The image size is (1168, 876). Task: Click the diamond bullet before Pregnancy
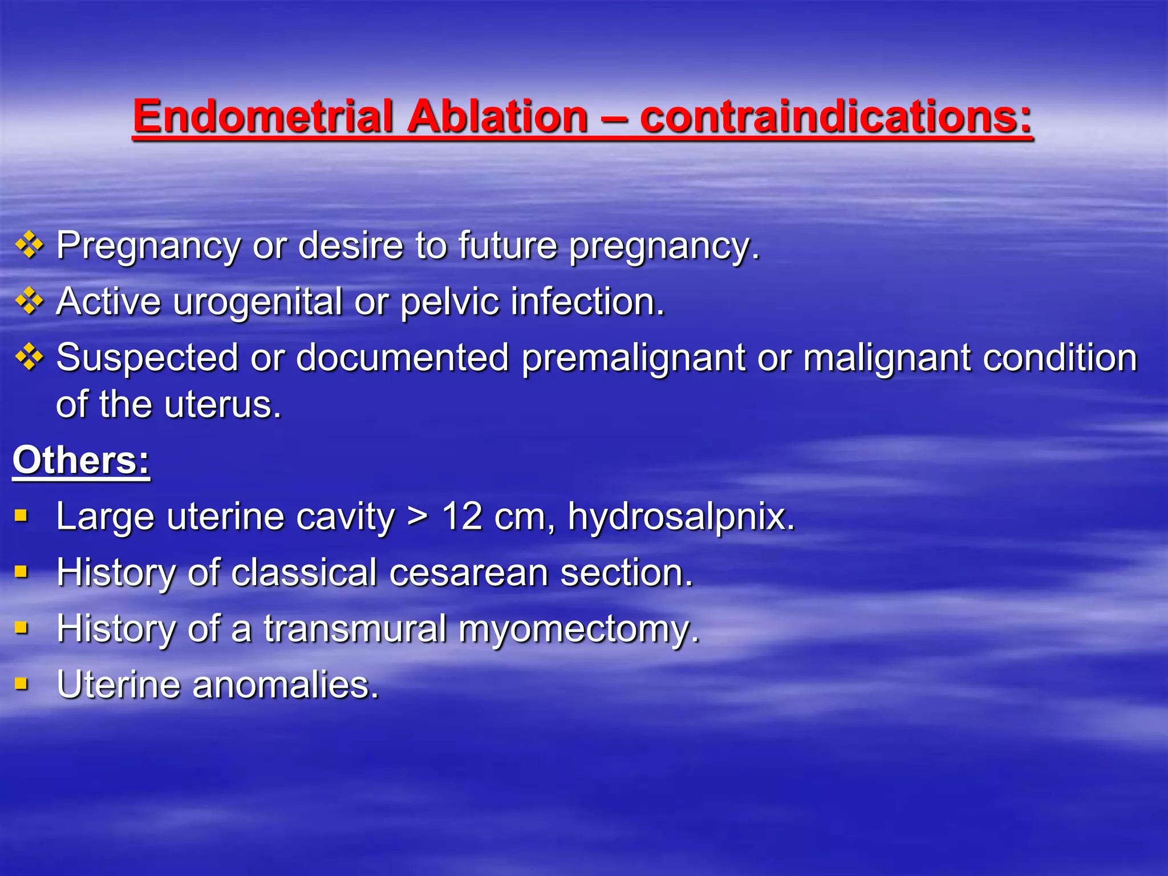pyautogui.click(x=29, y=246)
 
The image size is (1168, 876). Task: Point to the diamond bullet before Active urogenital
pyautogui.click(x=29, y=302)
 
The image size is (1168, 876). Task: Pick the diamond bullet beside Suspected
pyautogui.click(x=29, y=358)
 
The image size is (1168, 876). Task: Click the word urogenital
pyautogui.click(x=257, y=302)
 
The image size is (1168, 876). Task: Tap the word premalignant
pyautogui.click(x=633, y=358)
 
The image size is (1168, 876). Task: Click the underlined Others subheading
pyautogui.click(x=81, y=460)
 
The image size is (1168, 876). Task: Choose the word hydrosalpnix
pyautogui.click(x=681, y=517)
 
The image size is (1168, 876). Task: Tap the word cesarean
pyautogui.click(x=468, y=573)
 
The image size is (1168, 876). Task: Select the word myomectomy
pyautogui.click(x=578, y=629)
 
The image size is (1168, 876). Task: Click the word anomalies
pyautogui.click(x=285, y=684)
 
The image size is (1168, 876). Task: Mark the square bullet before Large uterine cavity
pyautogui.click(x=22, y=516)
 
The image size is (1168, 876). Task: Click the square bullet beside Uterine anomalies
pyautogui.click(x=22, y=683)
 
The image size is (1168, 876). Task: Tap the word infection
pyautogui.click(x=587, y=302)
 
